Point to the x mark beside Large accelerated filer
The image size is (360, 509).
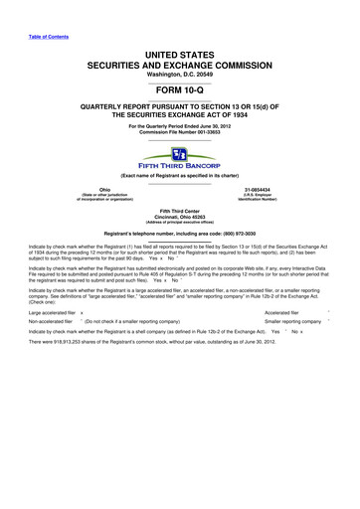tap(82, 312)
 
